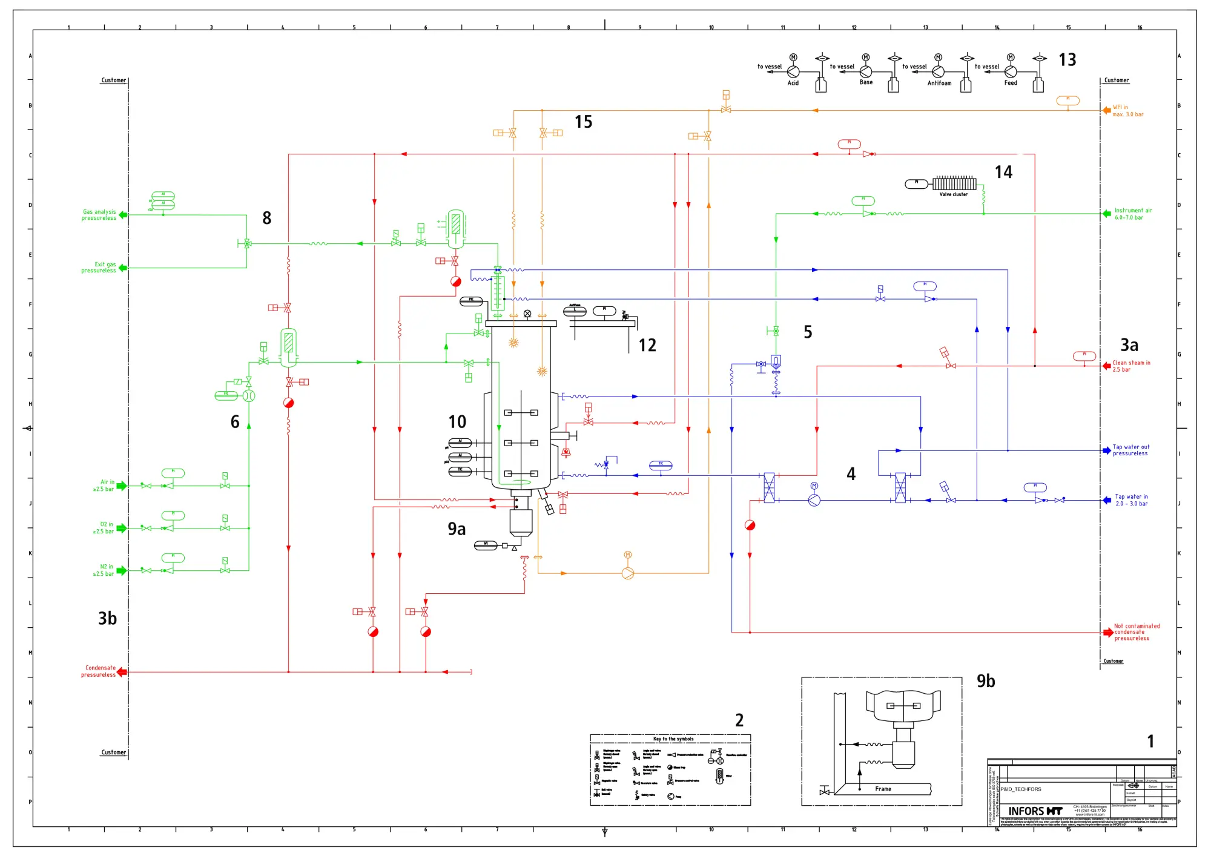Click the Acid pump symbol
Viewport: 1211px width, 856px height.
point(793,72)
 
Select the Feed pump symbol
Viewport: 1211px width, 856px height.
point(1010,72)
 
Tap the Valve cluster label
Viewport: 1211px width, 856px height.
point(953,194)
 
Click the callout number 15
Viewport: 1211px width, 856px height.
point(583,122)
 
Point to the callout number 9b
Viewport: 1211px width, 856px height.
point(985,681)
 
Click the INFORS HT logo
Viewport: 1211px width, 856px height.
point(1035,811)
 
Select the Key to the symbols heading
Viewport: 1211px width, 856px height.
point(673,739)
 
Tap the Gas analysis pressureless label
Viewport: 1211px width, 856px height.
point(99,215)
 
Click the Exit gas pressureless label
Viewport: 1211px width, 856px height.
point(99,268)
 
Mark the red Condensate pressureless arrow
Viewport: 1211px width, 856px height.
point(122,671)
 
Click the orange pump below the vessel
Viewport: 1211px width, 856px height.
point(628,573)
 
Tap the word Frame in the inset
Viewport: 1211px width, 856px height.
point(883,789)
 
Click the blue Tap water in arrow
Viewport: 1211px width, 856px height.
point(1106,500)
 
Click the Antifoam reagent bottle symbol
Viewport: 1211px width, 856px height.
point(966,84)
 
